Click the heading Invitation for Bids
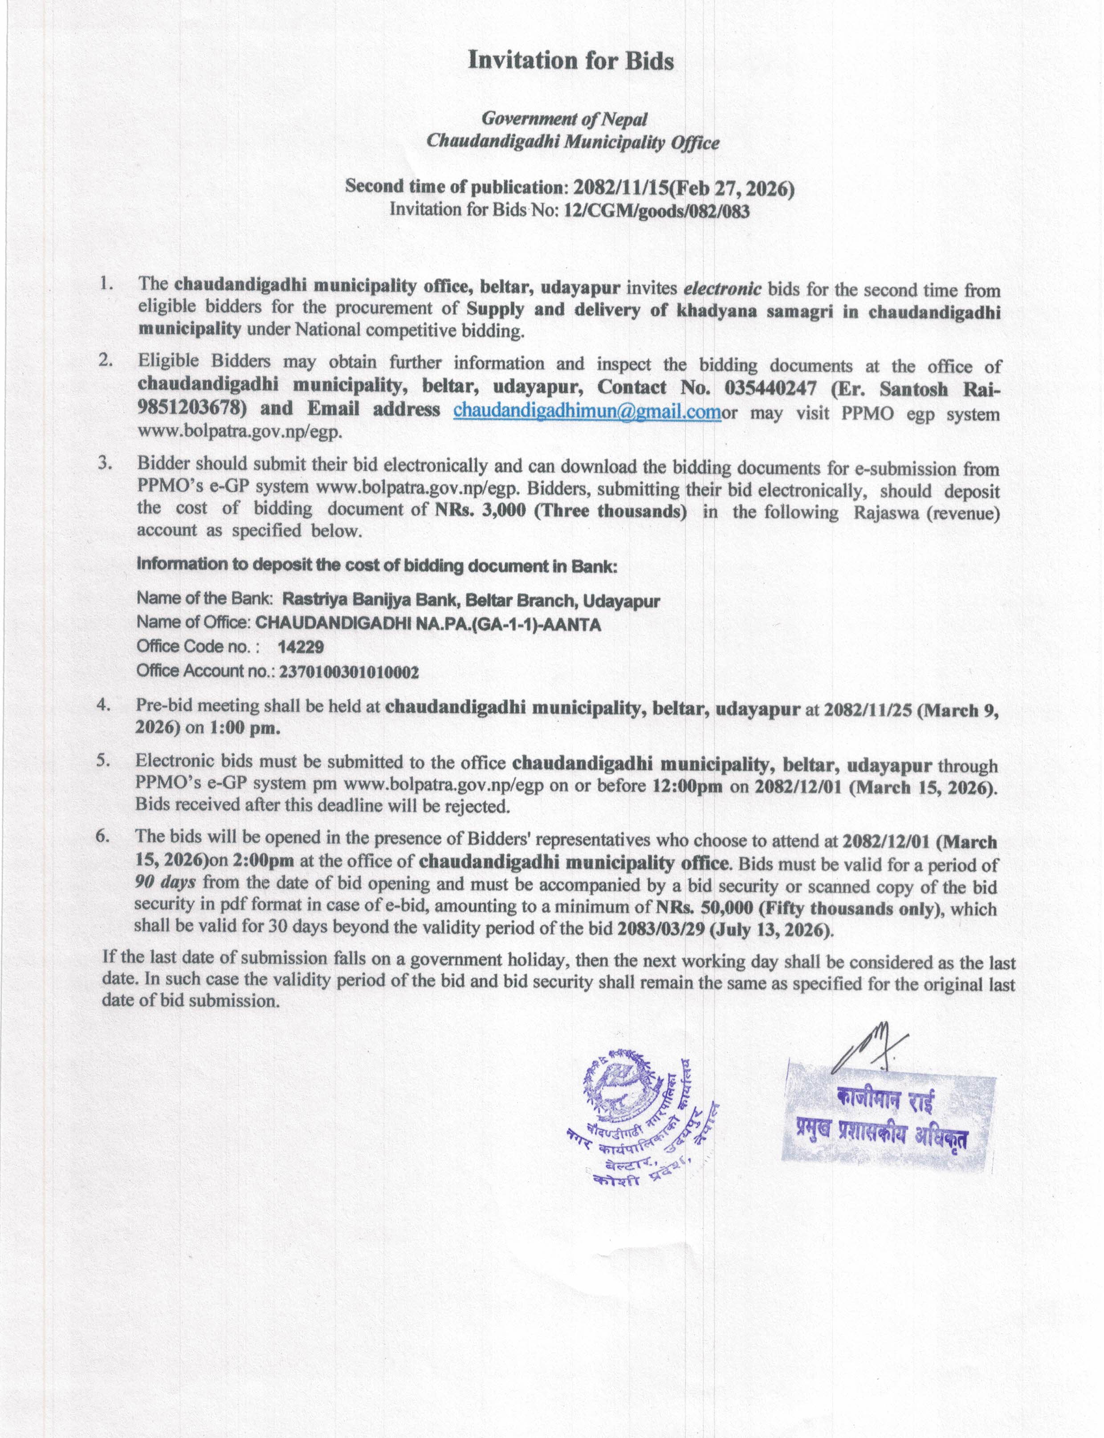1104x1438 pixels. [x=570, y=61]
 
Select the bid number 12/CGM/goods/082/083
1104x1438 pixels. [x=656, y=211]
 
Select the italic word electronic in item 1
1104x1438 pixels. [x=723, y=289]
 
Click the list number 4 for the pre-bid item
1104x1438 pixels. [x=103, y=705]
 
